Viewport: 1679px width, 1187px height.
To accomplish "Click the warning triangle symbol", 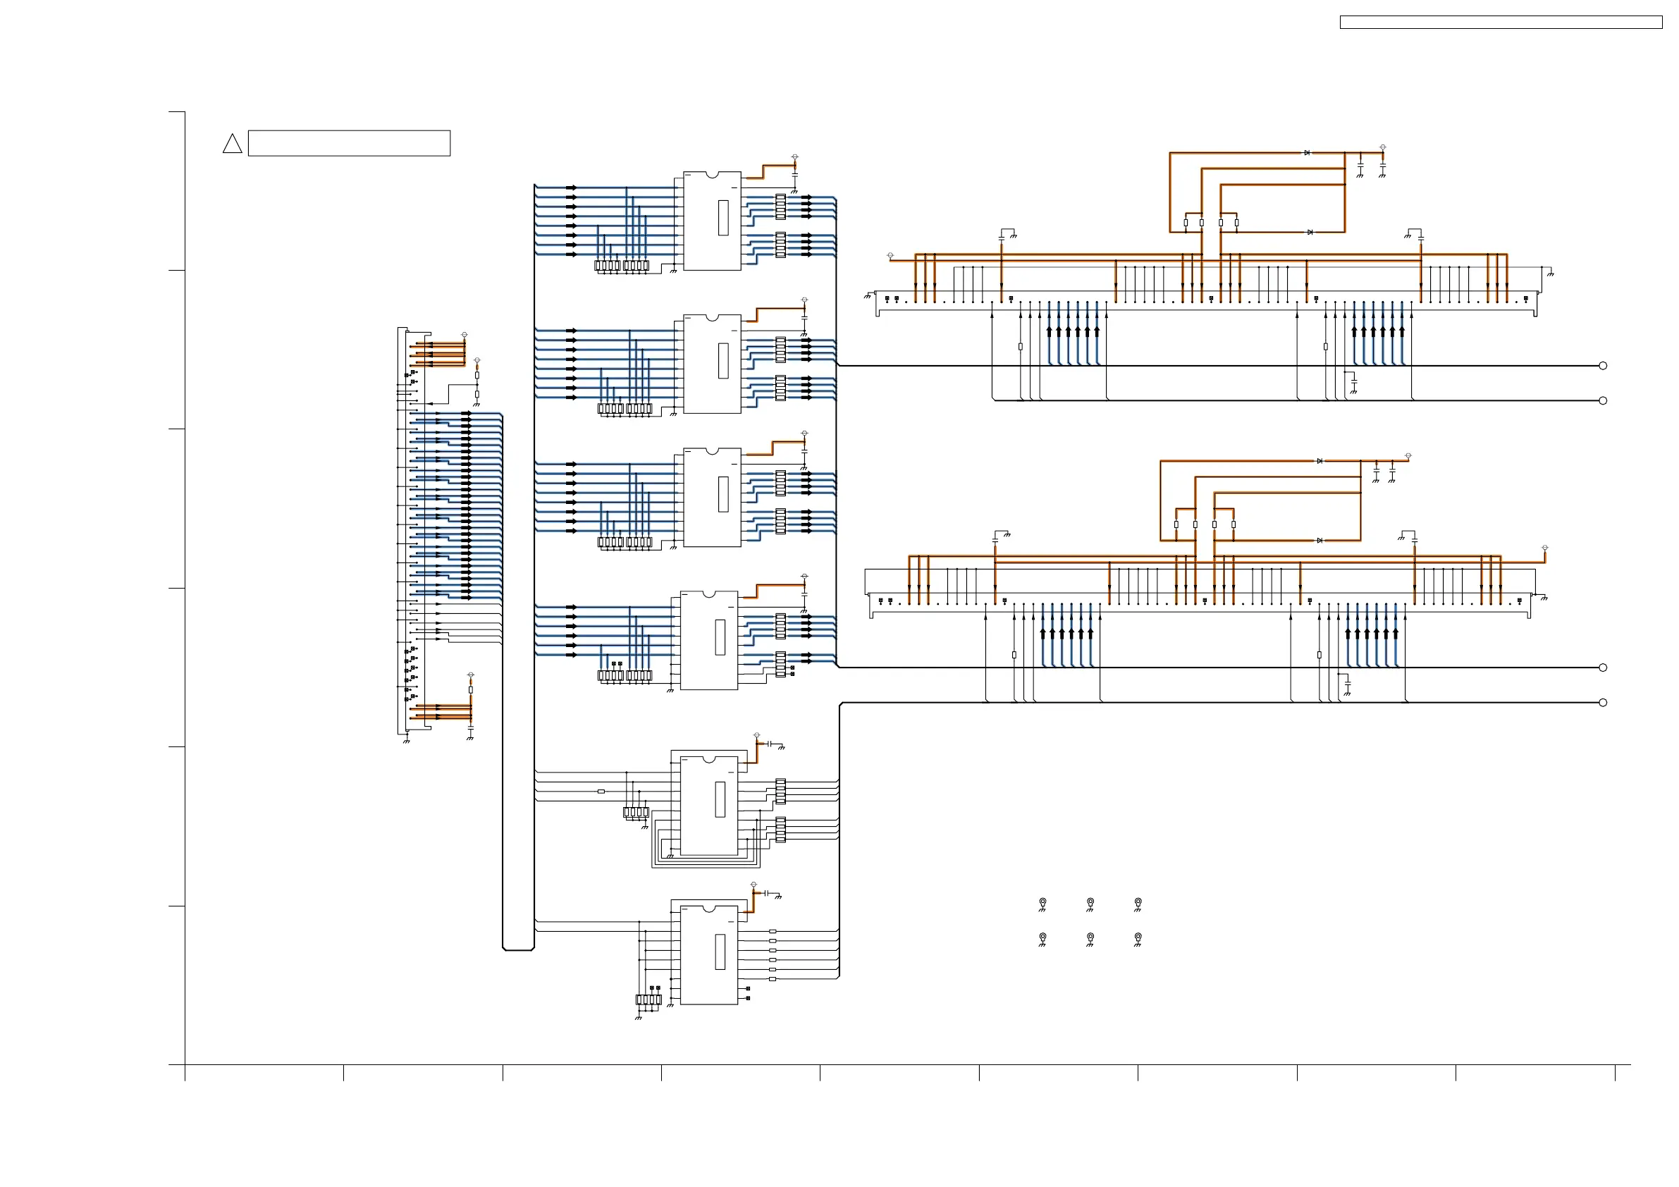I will [x=232, y=144].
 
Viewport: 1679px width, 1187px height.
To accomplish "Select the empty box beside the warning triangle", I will [x=349, y=143].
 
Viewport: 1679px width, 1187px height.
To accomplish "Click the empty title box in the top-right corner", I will [x=1501, y=23].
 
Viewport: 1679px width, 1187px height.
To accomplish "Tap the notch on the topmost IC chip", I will [x=711, y=175].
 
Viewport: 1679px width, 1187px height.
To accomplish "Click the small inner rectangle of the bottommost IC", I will [x=720, y=952].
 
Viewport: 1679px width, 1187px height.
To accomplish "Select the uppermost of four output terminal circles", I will [x=1603, y=366].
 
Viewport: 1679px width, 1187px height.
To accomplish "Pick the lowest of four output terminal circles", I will [x=1603, y=703].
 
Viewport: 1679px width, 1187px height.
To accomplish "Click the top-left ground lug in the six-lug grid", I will [x=1043, y=902].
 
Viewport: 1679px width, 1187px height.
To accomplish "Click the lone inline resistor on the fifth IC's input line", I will [x=601, y=792].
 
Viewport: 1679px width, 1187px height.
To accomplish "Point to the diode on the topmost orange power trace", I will [x=1307, y=153].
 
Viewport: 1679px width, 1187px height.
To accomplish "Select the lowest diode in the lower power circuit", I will [x=1320, y=541].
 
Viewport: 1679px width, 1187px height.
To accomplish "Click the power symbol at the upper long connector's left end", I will [x=890, y=255].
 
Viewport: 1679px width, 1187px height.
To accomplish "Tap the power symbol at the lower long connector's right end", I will [x=1545, y=548].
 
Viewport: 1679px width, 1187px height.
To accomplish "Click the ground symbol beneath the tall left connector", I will [x=407, y=741].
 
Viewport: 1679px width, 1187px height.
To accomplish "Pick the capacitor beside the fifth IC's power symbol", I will [x=769, y=744].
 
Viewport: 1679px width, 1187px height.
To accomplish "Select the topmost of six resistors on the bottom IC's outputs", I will [x=773, y=931].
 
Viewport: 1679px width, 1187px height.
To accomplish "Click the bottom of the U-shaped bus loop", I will [x=519, y=949].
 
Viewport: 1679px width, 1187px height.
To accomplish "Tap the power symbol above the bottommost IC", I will [x=754, y=885].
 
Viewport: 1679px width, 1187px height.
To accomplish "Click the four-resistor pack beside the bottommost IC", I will [x=648, y=1000].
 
